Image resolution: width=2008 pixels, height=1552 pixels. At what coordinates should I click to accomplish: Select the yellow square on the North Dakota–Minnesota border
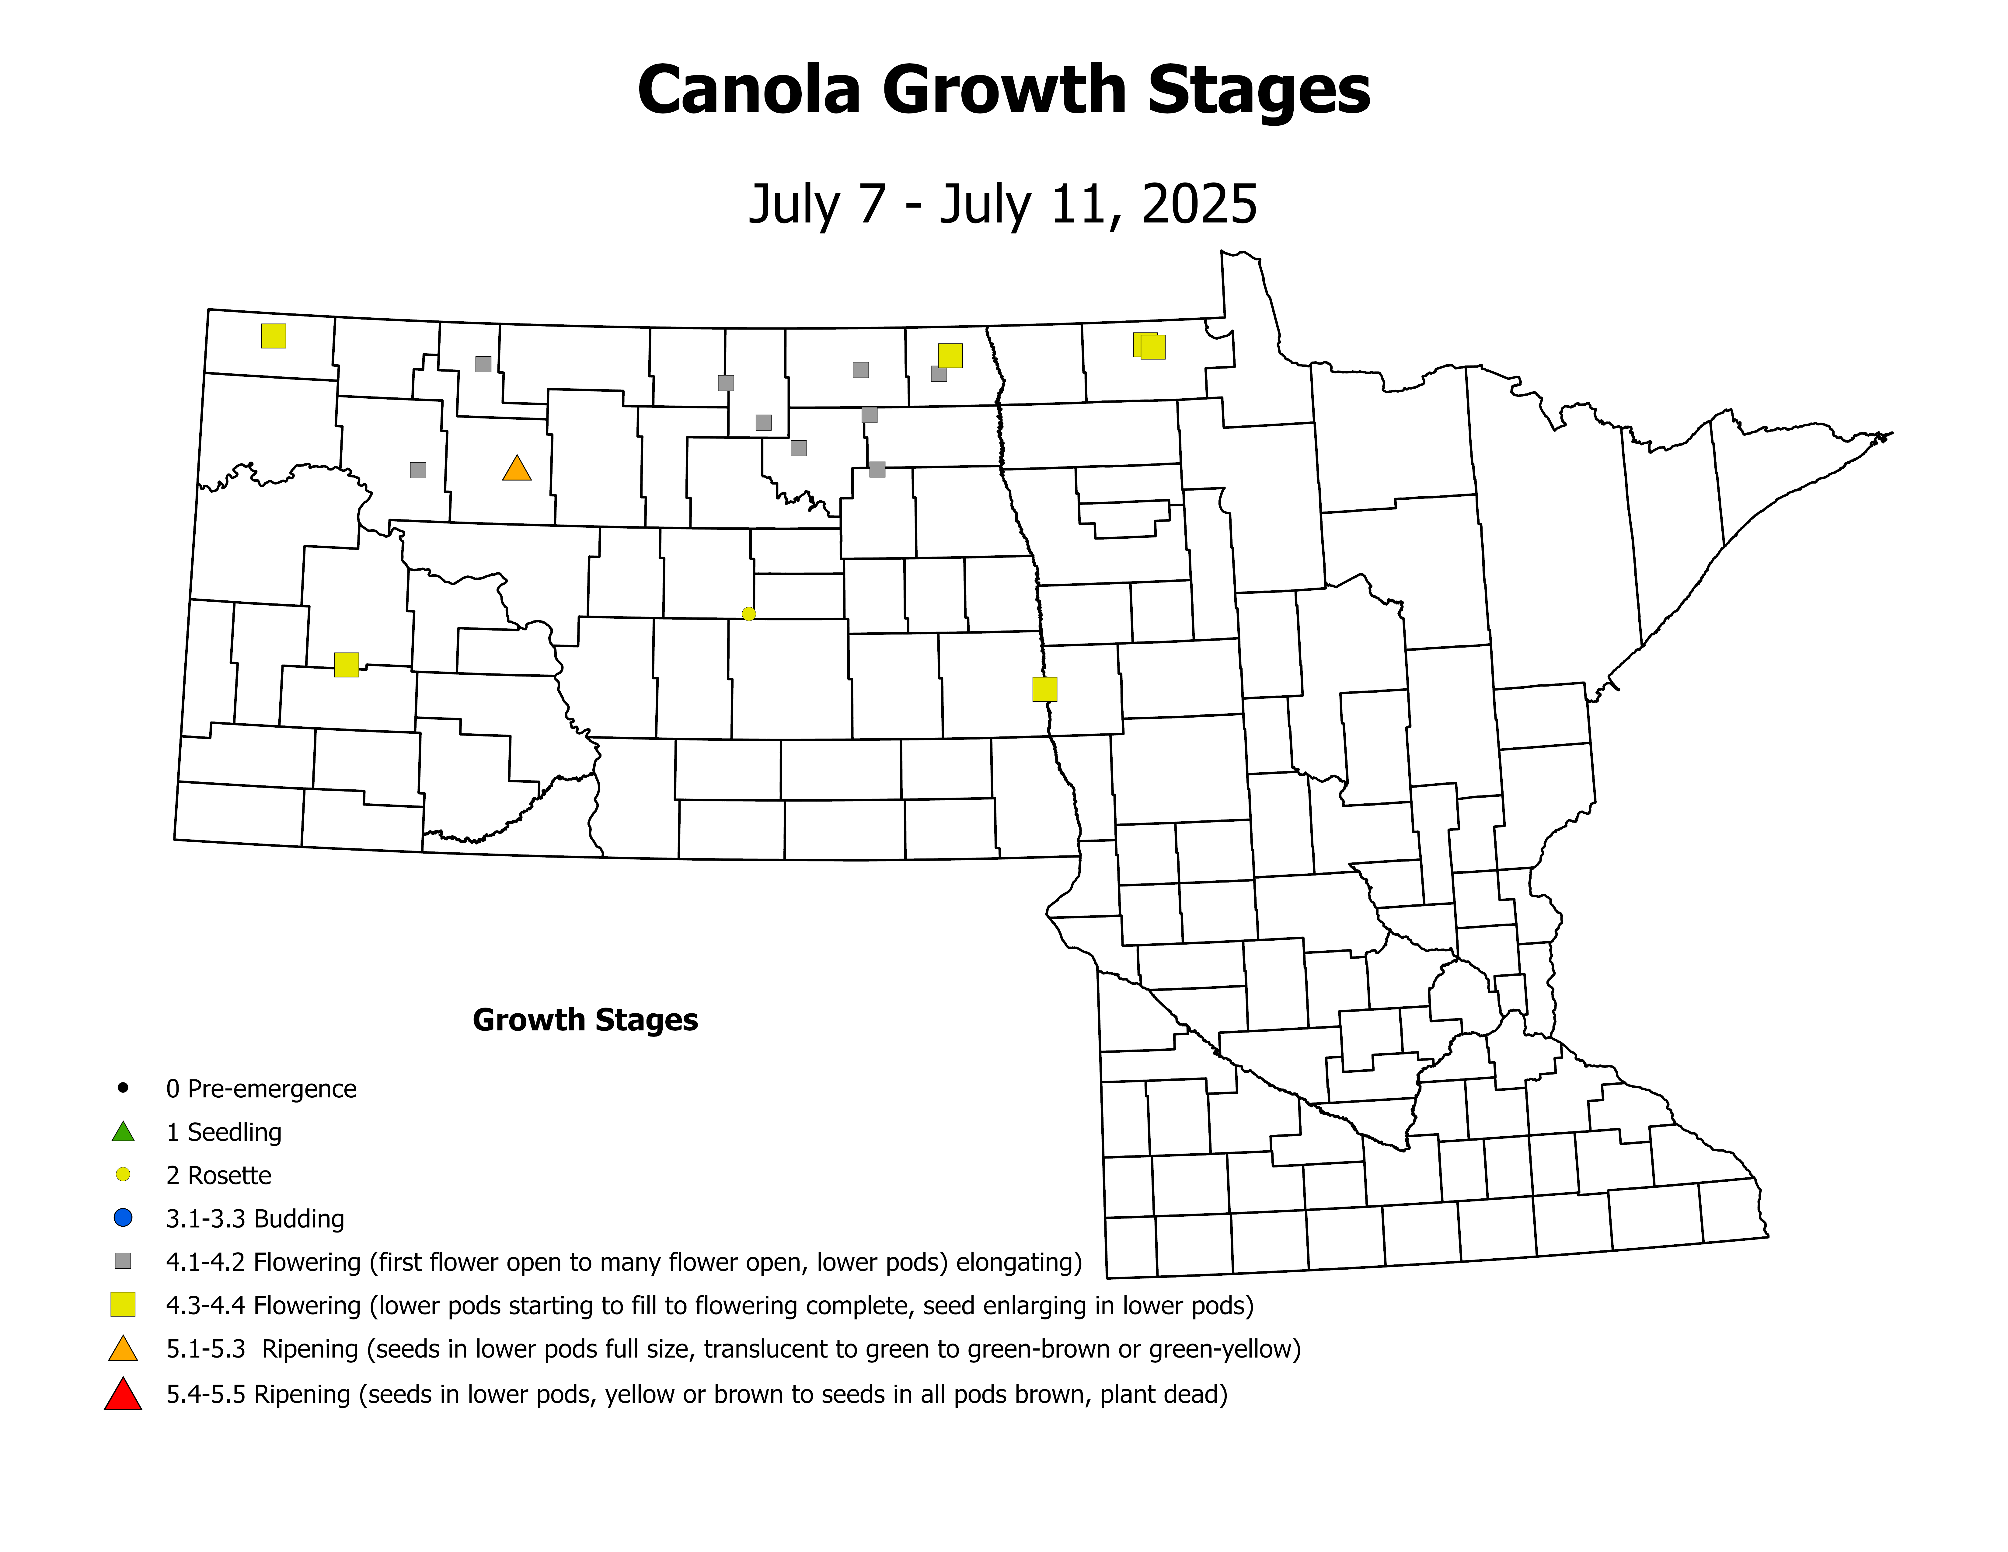[x=1044, y=689]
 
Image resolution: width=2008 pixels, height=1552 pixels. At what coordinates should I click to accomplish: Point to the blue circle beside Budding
[x=123, y=1217]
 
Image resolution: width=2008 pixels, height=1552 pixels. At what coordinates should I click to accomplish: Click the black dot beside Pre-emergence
[x=123, y=1088]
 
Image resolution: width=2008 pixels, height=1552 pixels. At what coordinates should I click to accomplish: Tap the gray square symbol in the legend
[x=123, y=1260]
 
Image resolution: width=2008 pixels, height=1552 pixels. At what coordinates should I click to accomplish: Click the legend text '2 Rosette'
[x=219, y=1175]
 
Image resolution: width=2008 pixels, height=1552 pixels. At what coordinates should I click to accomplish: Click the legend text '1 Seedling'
[x=223, y=1132]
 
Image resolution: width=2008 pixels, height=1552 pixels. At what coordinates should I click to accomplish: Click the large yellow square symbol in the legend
[x=123, y=1305]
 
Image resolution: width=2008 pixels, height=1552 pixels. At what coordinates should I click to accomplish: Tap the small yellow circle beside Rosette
[x=123, y=1174]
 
